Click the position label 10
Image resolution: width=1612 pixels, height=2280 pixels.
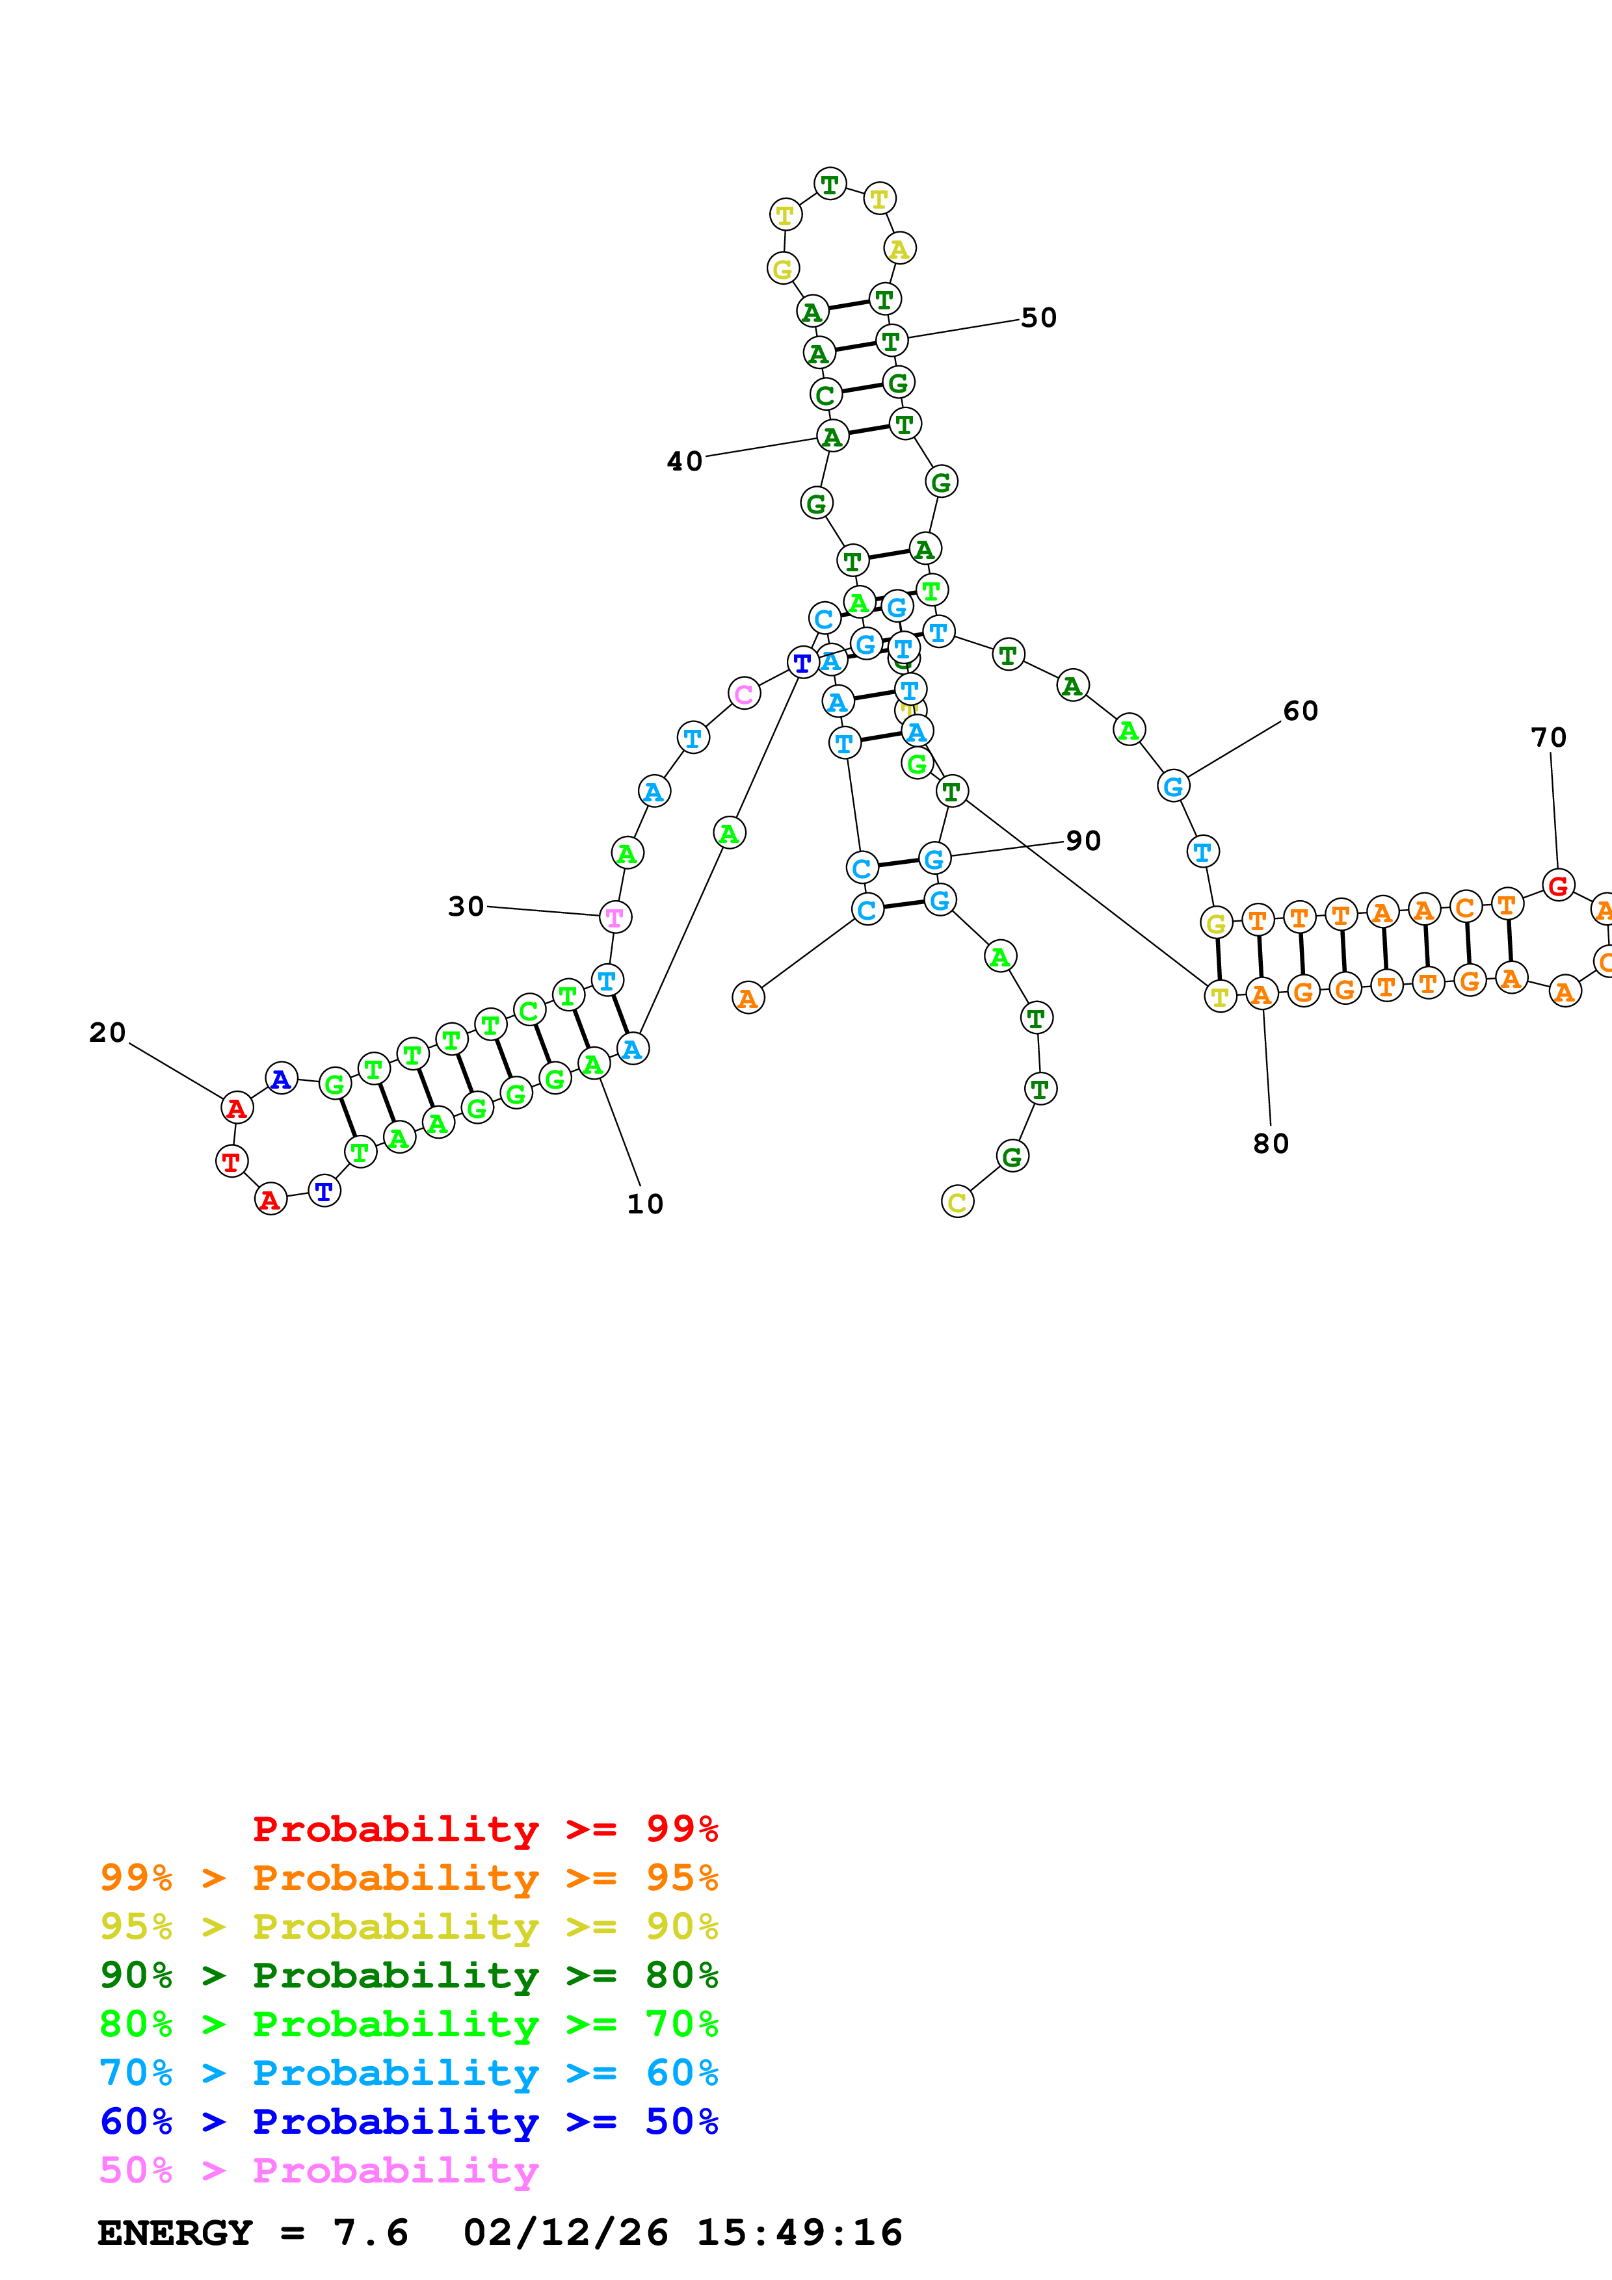pyautogui.click(x=644, y=1204)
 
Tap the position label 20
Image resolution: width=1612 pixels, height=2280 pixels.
pyautogui.click(x=107, y=1033)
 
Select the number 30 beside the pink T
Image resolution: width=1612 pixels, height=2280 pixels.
pyautogui.click(x=466, y=907)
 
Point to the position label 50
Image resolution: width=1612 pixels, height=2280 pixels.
pyautogui.click(x=1039, y=318)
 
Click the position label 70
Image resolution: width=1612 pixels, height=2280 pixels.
pyautogui.click(x=1548, y=738)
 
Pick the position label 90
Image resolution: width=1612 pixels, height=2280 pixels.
pyautogui.click(x=1083, y=841)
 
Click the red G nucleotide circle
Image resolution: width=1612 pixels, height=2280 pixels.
pyautogui.click(x=1557, y=885)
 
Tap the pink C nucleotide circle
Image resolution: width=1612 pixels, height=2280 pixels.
pyautogui.click(x=744, y=693)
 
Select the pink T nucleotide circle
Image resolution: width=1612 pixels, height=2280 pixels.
pyautogui.click(x=614, y=918)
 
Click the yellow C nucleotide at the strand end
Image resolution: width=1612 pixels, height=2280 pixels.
pyautogui.click(x=957, y=1202)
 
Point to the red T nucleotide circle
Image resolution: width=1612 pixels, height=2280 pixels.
pyautogui.click(x=231, y=1161)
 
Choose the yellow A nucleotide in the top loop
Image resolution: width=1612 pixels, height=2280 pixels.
pyautogui.click(x=899, y=248)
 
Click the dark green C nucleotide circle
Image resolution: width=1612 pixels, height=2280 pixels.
pyautogui.click(x=825, y=395)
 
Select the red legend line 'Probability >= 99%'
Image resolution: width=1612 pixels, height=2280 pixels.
pyautogui.click(x=486, y=1829)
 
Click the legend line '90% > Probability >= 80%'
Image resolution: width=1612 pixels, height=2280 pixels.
pyautogui.click(x=409, y=1975)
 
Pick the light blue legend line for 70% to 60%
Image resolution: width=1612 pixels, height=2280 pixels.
pyautogui.click(x=409, y=2073)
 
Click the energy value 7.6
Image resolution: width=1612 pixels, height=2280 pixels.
pyautogui.click(x=371, y=2233)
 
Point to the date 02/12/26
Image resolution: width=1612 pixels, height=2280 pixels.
pyautogui.click(x=565, y=2233)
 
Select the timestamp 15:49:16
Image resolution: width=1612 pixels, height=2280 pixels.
pyautogui.click(x=800, y=2233)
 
